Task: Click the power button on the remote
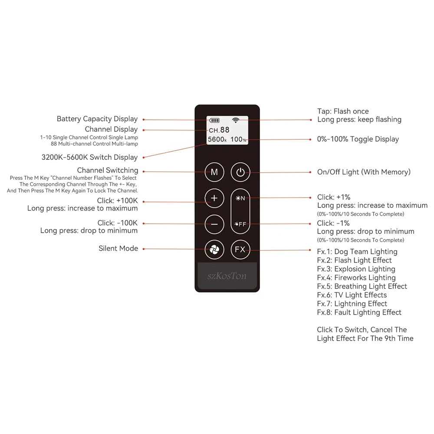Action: click(x=240, y=172)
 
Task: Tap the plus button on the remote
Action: click(x=214, y=198)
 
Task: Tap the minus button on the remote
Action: click(x=214, y=224)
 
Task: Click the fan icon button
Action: click(x=214, y=250)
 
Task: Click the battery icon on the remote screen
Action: click(x=214, y=120)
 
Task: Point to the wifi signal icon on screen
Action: click(x=236, y=120)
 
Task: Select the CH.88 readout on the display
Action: click(x=219, y=130)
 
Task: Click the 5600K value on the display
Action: click(x=217, y=139)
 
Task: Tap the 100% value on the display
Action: click(x=238, y=139)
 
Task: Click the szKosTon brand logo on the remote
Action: click(x=227, y=276)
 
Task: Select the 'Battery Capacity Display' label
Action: click(x=97, y=119)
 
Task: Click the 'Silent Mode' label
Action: click(x=118, y=249)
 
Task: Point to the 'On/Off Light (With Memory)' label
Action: click(x=364, y=172)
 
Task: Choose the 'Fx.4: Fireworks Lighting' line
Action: click(x=356, y=278)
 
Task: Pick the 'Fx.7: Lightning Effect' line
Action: click(x=352, y=304)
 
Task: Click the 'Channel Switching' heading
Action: click(x=108, y=171)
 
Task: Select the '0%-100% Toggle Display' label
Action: click(x=358, y=139)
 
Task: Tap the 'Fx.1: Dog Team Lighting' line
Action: click(x=357, y=252)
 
